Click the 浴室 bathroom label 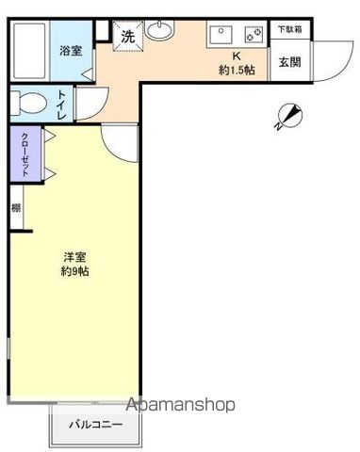71,51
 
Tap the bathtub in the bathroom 29,50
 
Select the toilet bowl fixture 28,103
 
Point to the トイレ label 61,105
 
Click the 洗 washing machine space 128,36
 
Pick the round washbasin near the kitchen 160,30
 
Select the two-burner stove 254,35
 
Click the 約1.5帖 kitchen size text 237,70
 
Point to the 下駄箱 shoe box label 289,29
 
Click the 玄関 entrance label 289,61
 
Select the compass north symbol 289,116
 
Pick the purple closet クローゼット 25,153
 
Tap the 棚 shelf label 16,208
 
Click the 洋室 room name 74,257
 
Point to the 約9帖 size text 74,271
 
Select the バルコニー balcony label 95,425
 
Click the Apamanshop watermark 180,405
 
